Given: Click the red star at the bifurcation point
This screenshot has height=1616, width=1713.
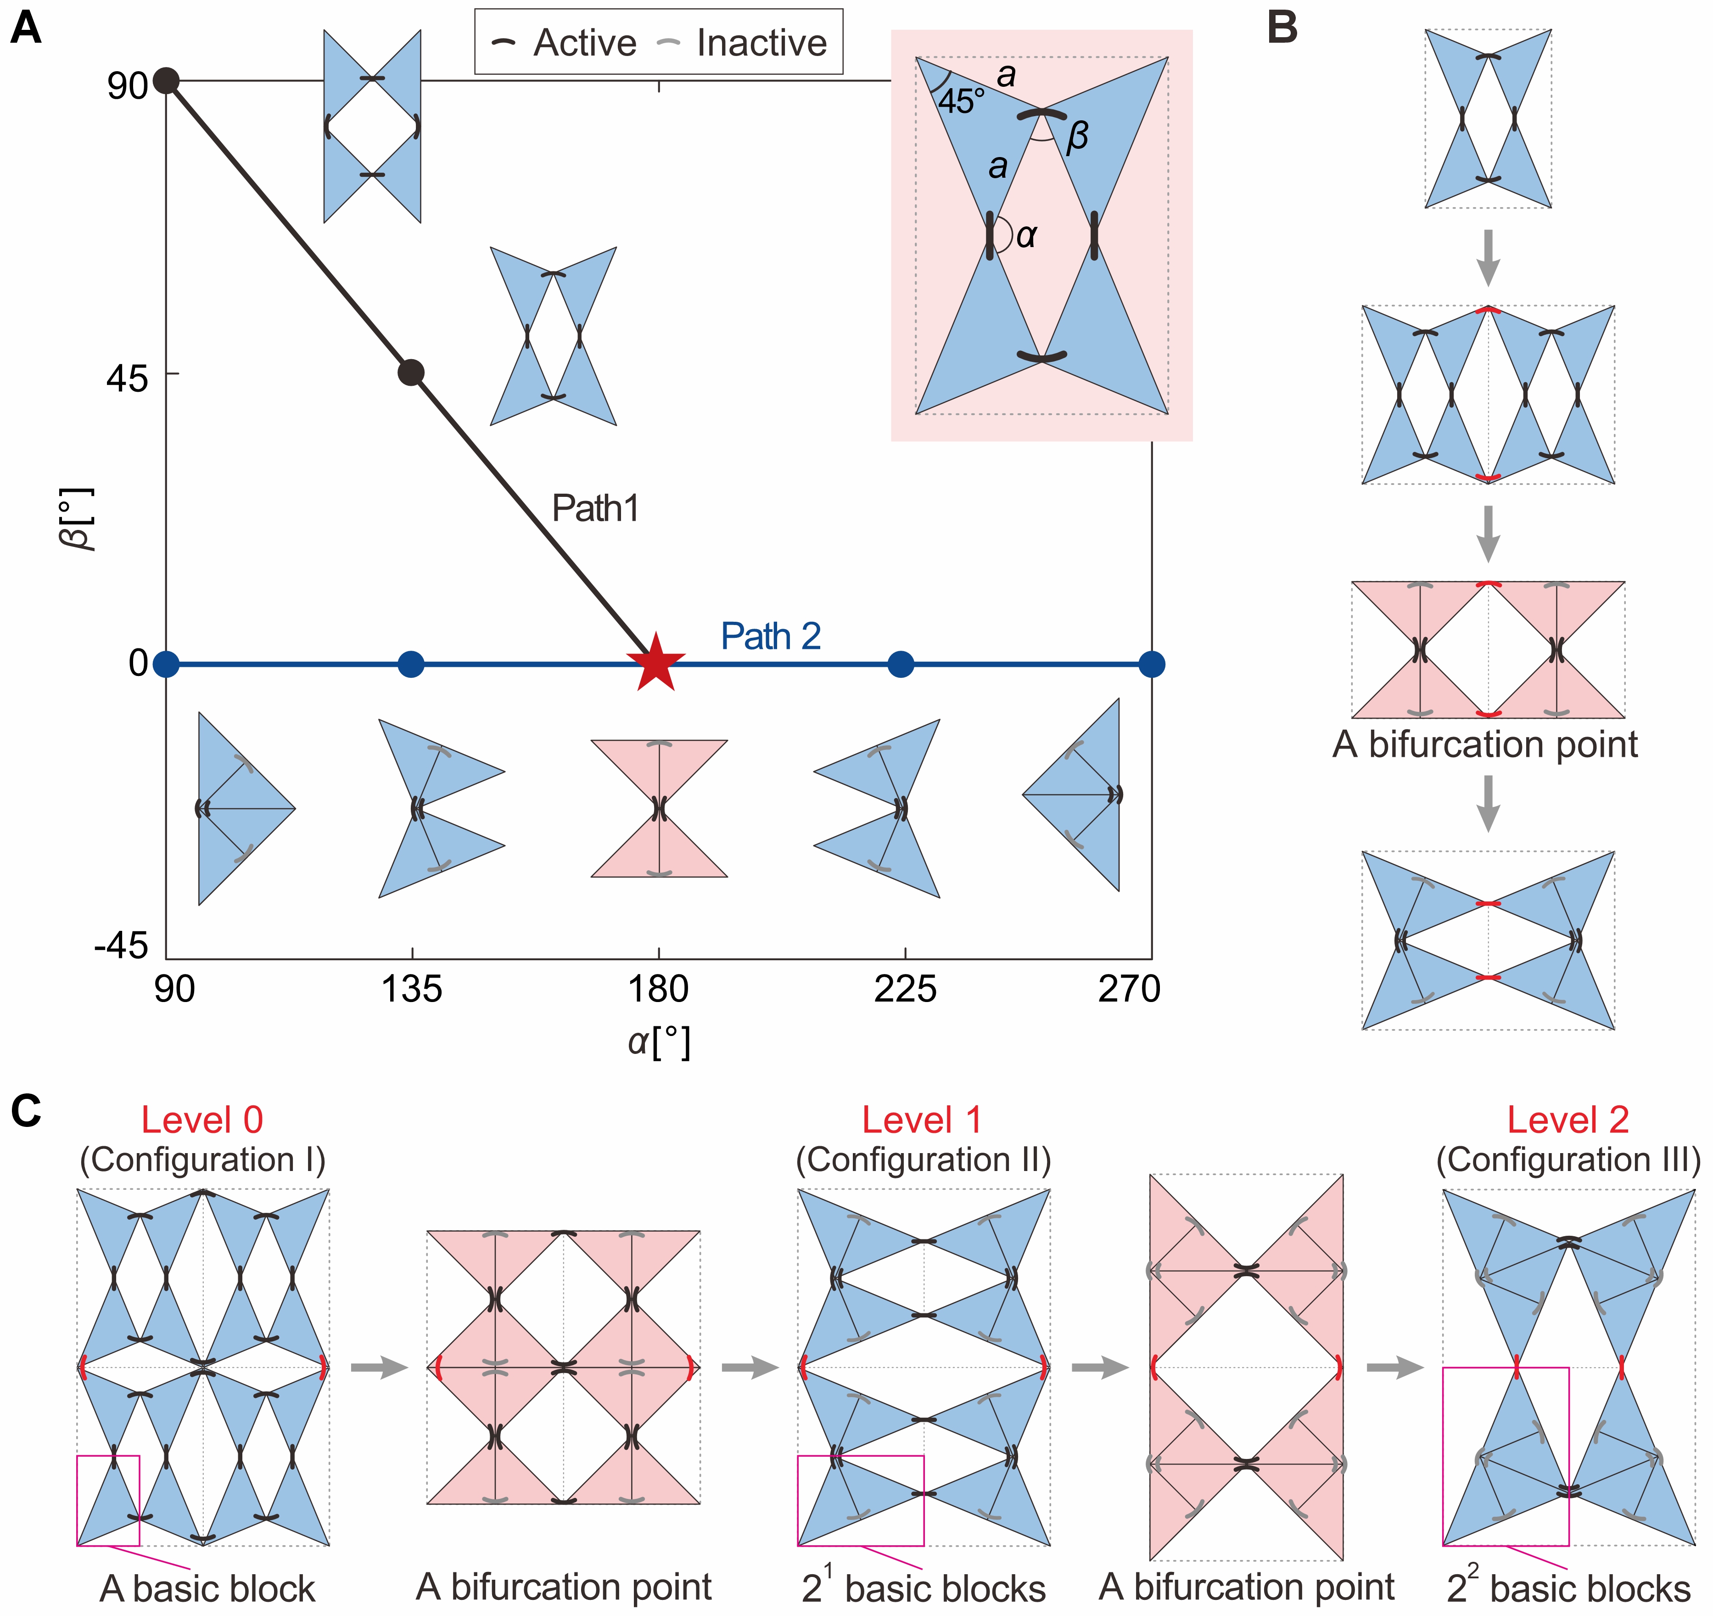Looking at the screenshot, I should [656, 664].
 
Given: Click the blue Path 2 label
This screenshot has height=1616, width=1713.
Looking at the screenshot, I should [770, 636].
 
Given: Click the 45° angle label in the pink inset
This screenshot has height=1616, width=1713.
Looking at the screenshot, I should [961, 101].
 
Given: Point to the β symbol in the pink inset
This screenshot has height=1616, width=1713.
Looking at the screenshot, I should [1077, 136].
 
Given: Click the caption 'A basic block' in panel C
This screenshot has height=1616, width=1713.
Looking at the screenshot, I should [207, 1588].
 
